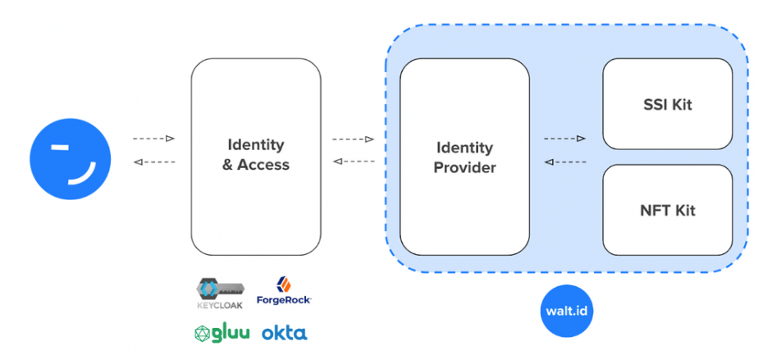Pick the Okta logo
pyautogui.click(x=284, y=333)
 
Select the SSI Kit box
pyautogui.click(x=668, y=105)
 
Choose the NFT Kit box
pyautogui.click(x=668, y=210)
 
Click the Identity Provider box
pyautogui.click(x=464, y=157)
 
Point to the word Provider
pyautogui.click(x=464, y=168)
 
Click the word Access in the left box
pyautogui.click(x=263, y=165)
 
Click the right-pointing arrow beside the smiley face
pyautogui.click(x=153, y=139)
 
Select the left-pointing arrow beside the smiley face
pyautogui.click(x=153, y=162)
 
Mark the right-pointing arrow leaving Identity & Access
pyautogui.click(x=354, y=139)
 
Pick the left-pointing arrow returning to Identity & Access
pyautogui.click(x=354, y=162)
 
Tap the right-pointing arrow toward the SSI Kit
pyautogui.click(x=564, y=139)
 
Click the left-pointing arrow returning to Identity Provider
pyautogui.click(x=564, y=162)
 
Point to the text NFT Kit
pyautogui.click(x=668, y=210)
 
